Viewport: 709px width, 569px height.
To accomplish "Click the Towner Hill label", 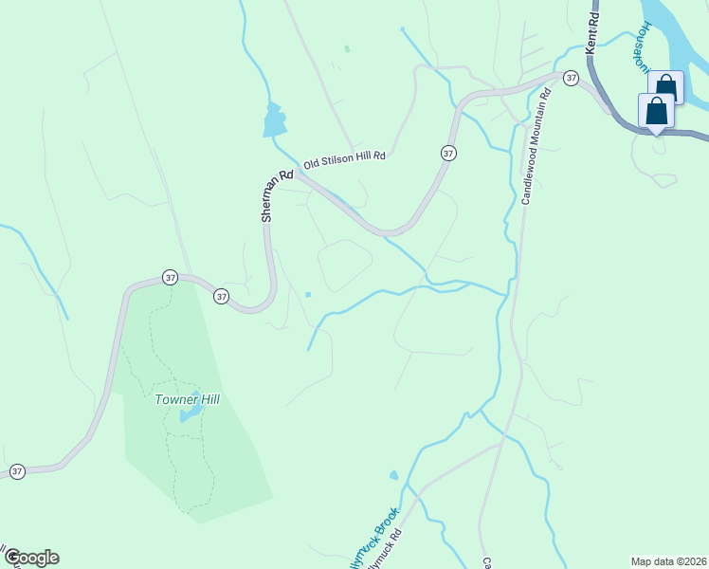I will (187, 399).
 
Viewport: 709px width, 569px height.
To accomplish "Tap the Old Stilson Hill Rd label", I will (345, 158).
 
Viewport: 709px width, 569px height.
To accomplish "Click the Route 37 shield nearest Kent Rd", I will (570, 77).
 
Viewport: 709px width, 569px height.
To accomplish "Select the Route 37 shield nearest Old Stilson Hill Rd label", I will (448, 153).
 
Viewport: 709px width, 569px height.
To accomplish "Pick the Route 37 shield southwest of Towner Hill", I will (17, 471).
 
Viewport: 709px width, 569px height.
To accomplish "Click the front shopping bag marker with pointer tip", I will (656, 112).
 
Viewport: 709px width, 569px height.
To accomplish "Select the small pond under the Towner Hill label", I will (191, 413).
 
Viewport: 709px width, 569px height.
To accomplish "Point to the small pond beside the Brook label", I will (393, 475).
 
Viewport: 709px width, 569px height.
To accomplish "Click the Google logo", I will (30, 558).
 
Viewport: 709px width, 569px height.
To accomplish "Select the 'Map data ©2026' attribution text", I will (667, 560).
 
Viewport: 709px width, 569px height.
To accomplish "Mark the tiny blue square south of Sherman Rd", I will (308, 293).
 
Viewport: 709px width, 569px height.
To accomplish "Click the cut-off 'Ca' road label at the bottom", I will (487, 561).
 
